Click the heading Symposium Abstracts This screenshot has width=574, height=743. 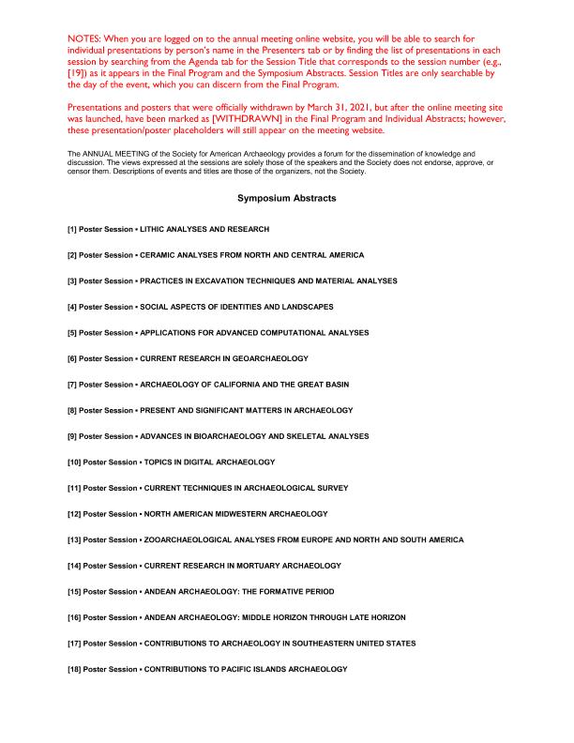286,199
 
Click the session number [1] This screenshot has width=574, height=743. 72,230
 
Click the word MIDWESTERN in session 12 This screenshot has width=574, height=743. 223,514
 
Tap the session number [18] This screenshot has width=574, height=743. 74,669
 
